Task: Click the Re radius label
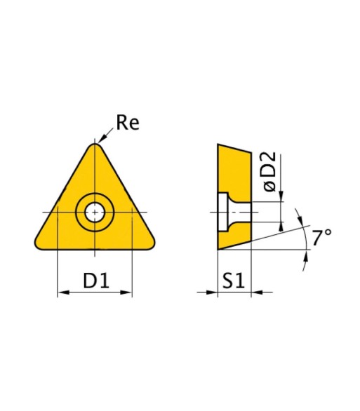(128, 123)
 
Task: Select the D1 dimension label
(95, 281)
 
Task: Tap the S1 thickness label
(233, 281)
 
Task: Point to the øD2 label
(269, 171)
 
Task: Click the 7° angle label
(321, 237)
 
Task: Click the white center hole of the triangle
(95, 213)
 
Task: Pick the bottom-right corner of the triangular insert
(152, 245)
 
